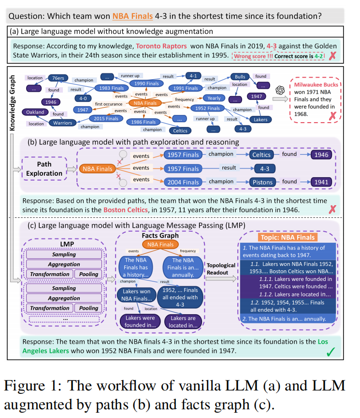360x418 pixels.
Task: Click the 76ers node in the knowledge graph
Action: pyautogui.click(x=58, y=77)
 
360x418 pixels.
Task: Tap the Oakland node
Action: pyautogui.click(x=35, y=112)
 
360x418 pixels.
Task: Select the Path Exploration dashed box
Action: pyautogui.click(x=43, y=169)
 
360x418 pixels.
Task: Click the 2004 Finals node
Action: pyautogui.click(x=182, y=182)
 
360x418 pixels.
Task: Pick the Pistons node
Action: pyautogui.click(x=264, y=182)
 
